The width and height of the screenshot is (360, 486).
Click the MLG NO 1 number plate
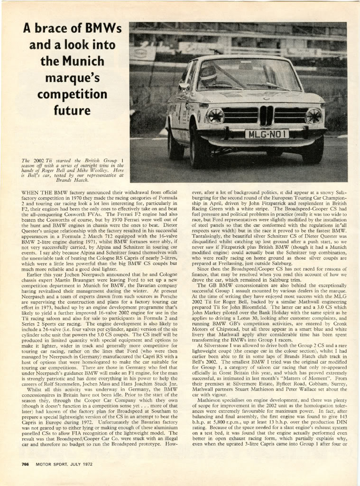click(267, 134)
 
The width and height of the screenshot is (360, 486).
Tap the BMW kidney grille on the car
click(266, 116)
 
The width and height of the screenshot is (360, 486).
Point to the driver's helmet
click(209, 74)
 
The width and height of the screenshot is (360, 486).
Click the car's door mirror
click(184, 86)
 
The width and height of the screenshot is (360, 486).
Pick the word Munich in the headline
click(81, 61)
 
